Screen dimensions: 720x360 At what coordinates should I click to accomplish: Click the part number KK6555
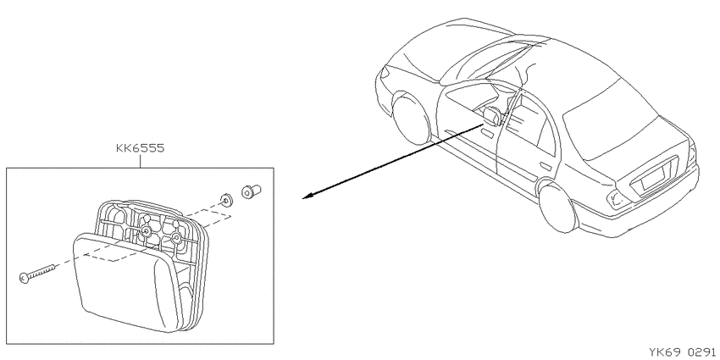pos(140,148)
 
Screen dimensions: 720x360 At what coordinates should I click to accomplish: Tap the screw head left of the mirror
pos(25,277)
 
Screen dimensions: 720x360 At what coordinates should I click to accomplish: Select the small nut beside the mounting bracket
pos(225,199)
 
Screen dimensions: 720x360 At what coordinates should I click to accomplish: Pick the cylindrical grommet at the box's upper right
pos(251,191)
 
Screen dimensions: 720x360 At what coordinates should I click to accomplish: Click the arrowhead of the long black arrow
pos(307,196)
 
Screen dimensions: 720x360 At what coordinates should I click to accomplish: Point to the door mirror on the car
pos(492,117)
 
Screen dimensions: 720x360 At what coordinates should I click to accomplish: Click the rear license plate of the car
pos(652,178)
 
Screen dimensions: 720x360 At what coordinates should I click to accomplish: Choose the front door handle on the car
pos(488,133)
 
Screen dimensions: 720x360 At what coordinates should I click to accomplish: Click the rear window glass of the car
pos(611,121)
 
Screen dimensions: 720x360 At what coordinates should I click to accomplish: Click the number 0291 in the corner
pos(702,352)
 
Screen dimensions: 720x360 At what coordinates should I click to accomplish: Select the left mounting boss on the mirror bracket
pos(146,230)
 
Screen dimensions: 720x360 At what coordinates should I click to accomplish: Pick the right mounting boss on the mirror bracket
pos(176,237)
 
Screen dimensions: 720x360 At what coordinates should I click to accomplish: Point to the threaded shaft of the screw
pos(42,271)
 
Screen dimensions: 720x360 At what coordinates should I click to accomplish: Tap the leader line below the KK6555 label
pos(140,161)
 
